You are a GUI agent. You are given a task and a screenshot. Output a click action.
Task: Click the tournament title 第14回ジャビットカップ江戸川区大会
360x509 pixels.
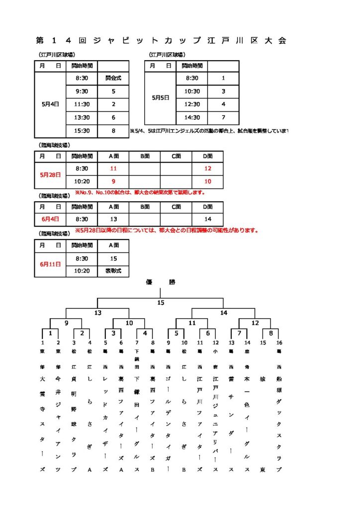162,41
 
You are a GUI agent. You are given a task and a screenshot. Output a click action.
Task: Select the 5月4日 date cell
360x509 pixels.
50,104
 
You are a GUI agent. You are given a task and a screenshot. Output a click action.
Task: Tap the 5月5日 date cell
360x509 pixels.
160,98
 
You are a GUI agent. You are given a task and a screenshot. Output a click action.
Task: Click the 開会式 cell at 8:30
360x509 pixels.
113,79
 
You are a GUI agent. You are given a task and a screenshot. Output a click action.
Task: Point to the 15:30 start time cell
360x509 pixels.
82,131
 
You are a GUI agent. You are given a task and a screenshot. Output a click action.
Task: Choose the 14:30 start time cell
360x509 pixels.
192,118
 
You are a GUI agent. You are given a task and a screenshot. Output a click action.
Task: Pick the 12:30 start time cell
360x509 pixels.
192,104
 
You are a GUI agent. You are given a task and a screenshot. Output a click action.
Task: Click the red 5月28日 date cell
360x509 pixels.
50,175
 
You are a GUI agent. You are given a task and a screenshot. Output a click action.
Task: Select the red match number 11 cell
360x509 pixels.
113,169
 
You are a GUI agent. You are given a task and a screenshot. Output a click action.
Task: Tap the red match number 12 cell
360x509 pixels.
207,169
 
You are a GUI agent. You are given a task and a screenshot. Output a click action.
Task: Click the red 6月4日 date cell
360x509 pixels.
50,219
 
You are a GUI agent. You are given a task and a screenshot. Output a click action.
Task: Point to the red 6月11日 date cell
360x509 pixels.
50,264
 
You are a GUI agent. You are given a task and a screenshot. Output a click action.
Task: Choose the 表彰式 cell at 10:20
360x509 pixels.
113,271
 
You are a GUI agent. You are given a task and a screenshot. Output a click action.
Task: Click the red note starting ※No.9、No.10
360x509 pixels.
140,192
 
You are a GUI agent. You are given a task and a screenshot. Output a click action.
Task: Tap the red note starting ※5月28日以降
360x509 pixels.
166,231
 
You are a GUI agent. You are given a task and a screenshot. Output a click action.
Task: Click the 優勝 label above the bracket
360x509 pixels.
160,282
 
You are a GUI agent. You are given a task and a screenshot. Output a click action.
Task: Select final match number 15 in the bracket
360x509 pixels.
160,303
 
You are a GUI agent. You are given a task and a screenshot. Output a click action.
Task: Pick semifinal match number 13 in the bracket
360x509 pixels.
97,313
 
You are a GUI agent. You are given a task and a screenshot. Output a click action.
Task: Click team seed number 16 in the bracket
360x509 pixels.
279,342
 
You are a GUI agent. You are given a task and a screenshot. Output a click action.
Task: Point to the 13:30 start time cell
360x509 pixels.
82,118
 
